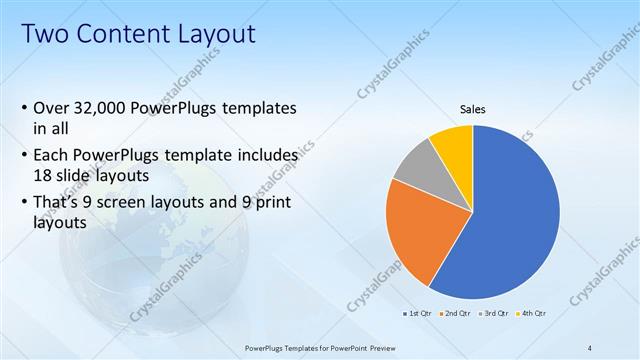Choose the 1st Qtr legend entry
417,313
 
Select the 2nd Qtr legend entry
456,313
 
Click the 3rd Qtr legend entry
494,313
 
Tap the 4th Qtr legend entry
531,313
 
